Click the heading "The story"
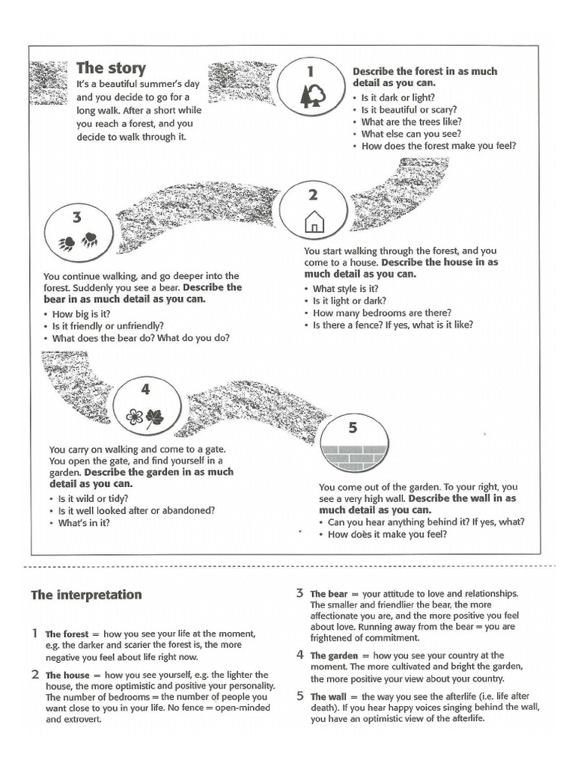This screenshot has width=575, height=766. (111, 68)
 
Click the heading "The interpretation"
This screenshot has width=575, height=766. (85, 595)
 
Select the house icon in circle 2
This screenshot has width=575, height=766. (314, 221)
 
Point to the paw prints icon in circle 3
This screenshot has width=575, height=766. (78, 241)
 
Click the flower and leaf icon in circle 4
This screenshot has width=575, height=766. (144, 417)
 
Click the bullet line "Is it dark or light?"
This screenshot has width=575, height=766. (398, 97)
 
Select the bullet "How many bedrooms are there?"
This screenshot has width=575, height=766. (382, 313)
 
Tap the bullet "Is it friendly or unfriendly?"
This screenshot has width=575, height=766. (108, 326)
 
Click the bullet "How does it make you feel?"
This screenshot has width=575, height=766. (387, 534)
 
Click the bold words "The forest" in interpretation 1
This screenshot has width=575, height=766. (67, 633)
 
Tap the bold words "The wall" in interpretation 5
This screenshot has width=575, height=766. (328, 696)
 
